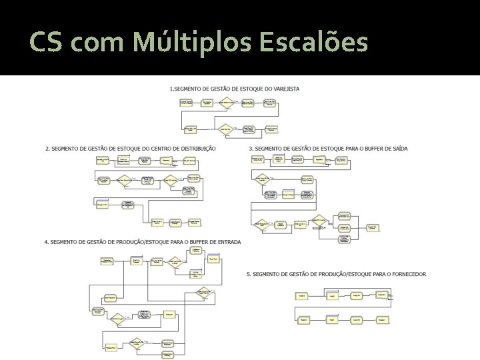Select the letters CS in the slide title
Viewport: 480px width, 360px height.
(46, 43)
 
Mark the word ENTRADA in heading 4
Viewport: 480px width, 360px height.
(228, 241)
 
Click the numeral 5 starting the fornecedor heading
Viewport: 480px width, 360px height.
(248, 274)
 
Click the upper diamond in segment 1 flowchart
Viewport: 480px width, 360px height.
(227, 102)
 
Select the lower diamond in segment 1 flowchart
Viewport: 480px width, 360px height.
(226, 129)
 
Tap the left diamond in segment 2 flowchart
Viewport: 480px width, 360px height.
(124, 179)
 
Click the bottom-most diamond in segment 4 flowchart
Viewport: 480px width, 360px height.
(138, 345)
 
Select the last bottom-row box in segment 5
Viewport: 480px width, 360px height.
(383, 320)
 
